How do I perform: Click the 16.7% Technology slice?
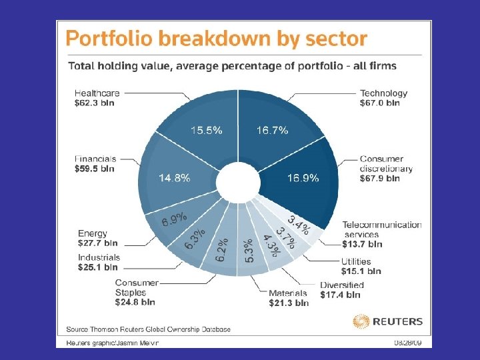pos(273,130)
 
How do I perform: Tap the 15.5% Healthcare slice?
pos(205,130)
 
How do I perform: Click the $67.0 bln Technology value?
pos(380,103)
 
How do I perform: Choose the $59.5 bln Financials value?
pos(95,169)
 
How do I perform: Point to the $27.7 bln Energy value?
pos(97,243)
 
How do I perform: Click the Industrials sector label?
pos(99,257)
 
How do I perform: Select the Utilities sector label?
pos(361,262)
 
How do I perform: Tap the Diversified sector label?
pos(342,285)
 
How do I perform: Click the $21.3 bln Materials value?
pos(289,303)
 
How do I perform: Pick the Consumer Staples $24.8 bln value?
pos(135,302)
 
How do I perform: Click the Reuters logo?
pos(388,321)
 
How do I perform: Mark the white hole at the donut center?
pos(238,180)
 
